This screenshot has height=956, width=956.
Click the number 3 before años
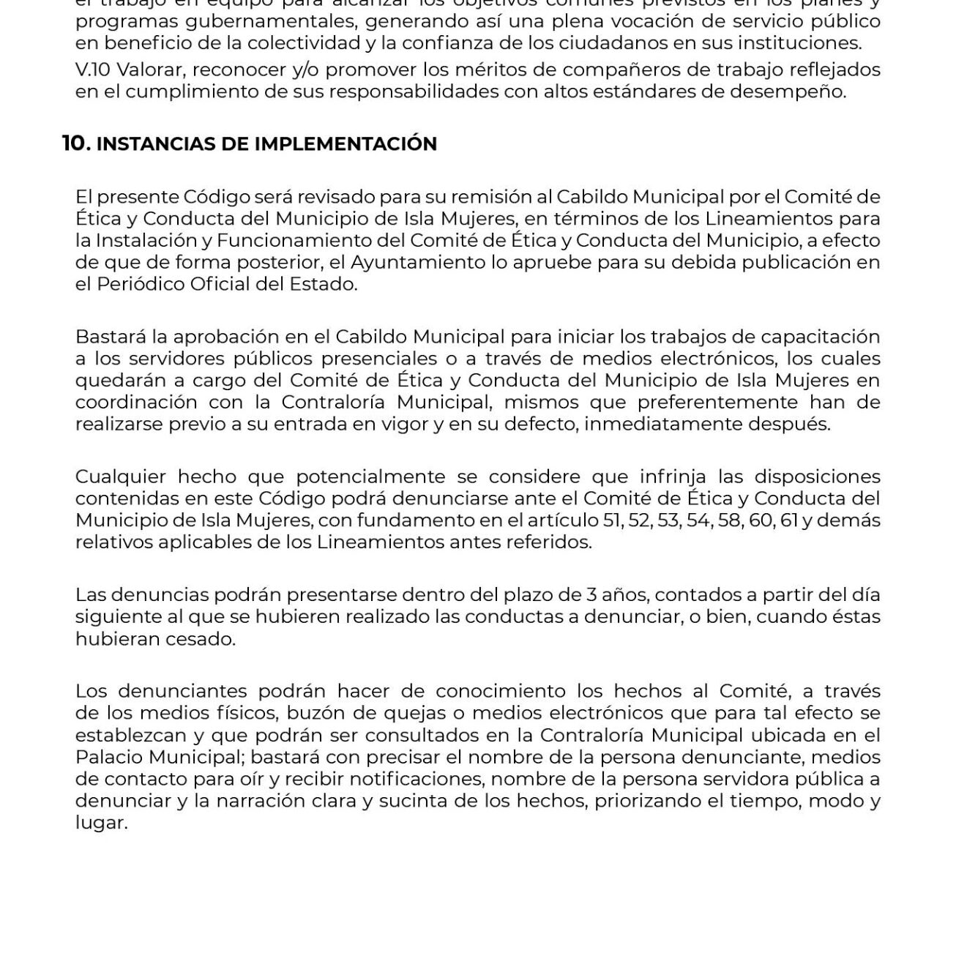[592, 594]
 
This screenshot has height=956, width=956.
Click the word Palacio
[105, 757]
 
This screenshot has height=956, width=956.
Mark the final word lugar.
[101, 823]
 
